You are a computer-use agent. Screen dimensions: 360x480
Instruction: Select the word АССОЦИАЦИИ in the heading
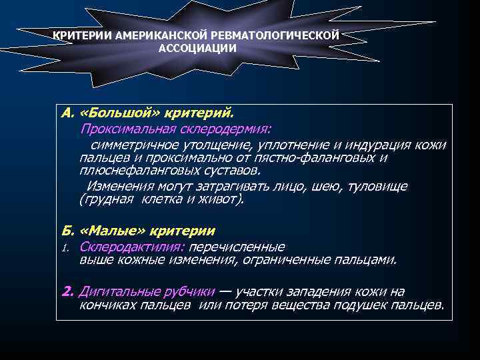(x=197, y=48)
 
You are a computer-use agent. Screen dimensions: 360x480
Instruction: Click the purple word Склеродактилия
(x=131, y=247)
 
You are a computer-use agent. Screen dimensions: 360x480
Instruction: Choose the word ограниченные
(x=308, y=259)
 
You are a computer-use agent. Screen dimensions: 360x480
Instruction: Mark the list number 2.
(x=67, y=291)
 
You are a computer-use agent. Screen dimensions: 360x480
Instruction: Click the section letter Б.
(x=66, y=231)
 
